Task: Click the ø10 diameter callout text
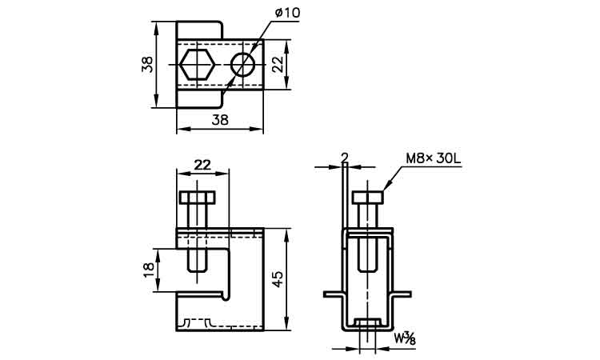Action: (287, 13)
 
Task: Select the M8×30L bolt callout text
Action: (433, 158)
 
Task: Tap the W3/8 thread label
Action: (405, 338)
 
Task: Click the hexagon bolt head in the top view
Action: (197, 64)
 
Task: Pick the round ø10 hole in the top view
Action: (243, 64)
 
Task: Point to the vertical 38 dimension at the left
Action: (147, 64)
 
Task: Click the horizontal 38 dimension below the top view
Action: (220, 120)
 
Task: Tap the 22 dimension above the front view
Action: (202, 165)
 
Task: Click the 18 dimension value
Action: (149, 270)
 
